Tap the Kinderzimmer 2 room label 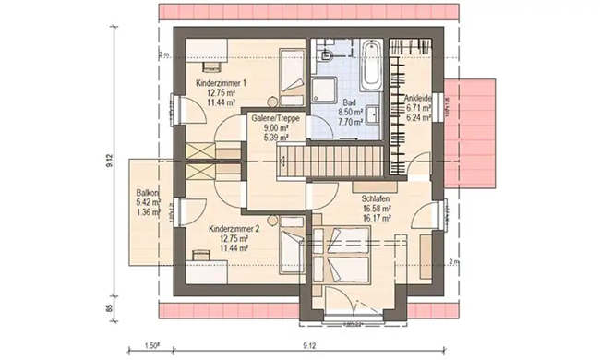click(x=233, y=228)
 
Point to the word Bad click(x=350, y=102)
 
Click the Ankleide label click(x=420, y=99)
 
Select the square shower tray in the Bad click(x=325, y=88)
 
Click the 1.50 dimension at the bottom click(x=152, y=349)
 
